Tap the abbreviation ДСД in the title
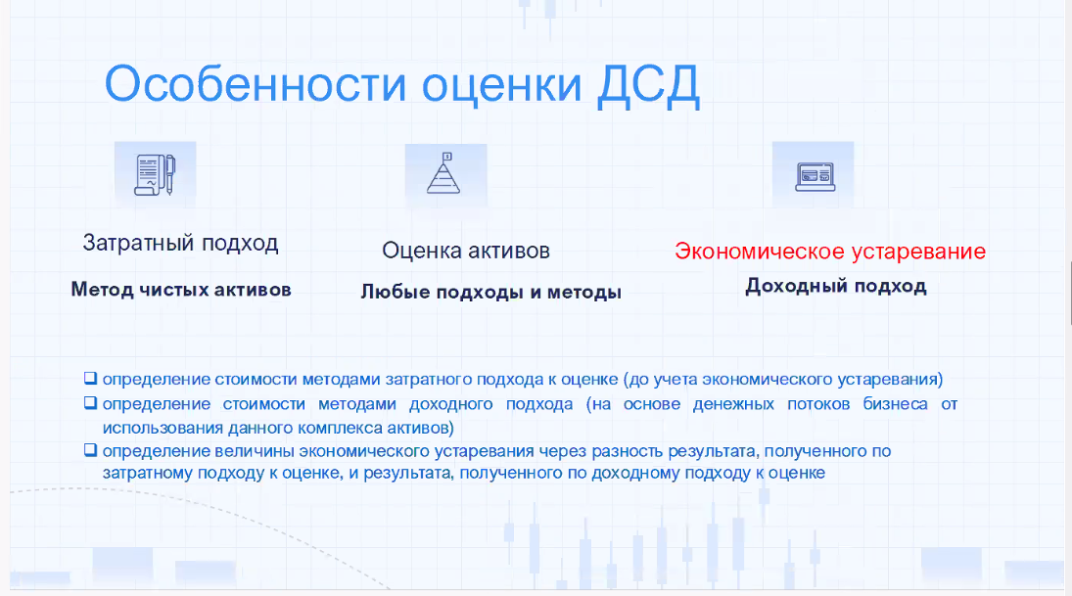(648, 85)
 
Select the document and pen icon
(155, 174)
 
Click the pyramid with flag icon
(444, 174)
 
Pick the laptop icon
(813, 174)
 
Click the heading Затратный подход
(180, 243)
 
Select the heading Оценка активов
(466, 251)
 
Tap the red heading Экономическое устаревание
(830, 252)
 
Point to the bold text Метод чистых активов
(181, 290)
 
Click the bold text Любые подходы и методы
(491, 292)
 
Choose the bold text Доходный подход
(835, 286)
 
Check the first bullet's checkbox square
(90, 378)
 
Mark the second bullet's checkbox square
(90, 403)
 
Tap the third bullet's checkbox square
(90, 451)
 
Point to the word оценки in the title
(500, 85)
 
